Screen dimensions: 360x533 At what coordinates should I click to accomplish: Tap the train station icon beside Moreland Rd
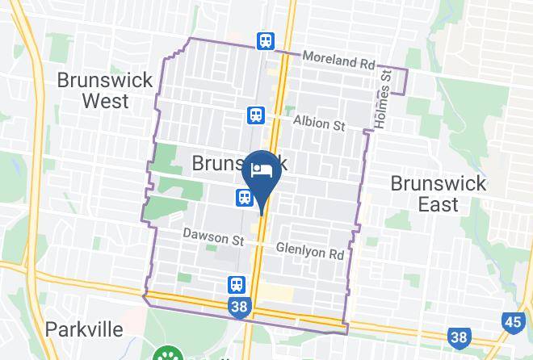265,40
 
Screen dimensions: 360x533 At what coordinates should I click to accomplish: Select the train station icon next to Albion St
256,115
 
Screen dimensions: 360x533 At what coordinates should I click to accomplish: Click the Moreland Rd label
340,61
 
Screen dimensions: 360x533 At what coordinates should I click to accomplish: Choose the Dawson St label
213,239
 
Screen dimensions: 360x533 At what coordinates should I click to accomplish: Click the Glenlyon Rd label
311,252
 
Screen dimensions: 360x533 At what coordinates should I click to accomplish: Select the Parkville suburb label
84,329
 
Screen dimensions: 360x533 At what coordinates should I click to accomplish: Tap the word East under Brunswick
439,204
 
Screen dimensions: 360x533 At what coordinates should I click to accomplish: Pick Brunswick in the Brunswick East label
439,182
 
